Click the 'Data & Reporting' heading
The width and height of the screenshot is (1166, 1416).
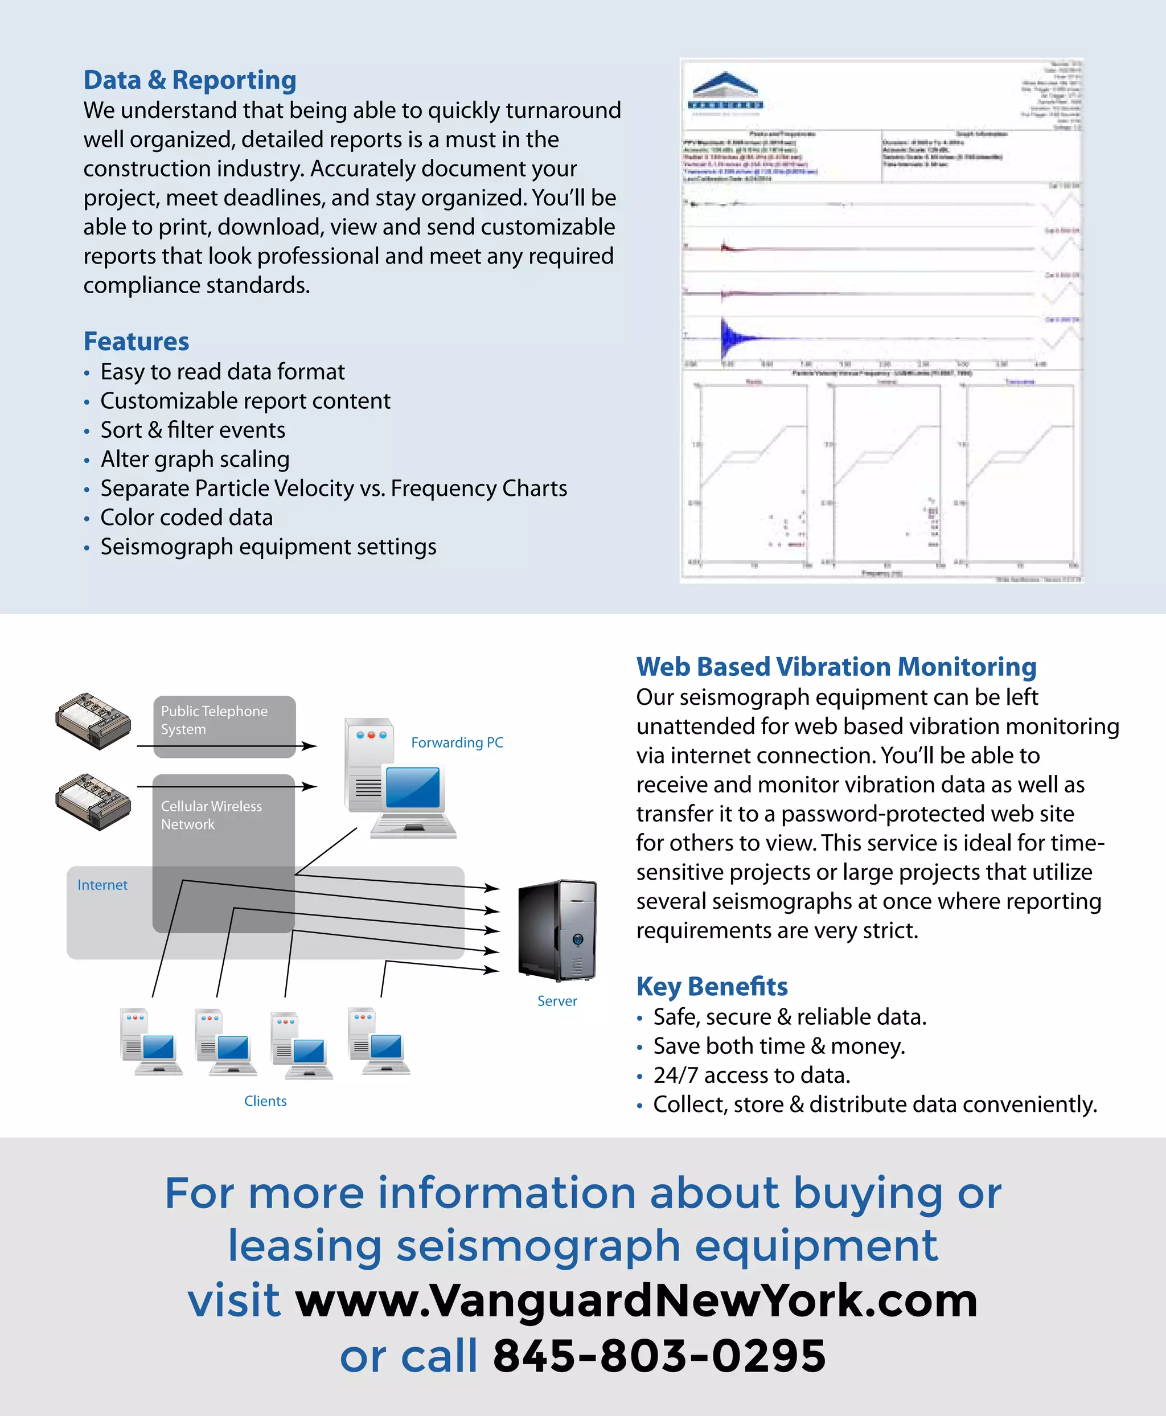[190, 80]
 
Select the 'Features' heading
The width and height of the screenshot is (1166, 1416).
[136, 341]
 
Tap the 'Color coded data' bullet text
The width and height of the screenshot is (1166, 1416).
[187, 517]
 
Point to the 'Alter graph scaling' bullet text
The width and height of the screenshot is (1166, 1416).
[195, 459]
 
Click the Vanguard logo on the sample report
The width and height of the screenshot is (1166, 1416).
[725, 91]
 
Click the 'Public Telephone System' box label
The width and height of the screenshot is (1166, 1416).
[214, 720]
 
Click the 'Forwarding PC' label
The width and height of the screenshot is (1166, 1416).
[457, 742]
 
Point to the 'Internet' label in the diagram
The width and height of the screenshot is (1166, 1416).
[102, 885]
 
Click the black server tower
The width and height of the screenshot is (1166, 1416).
[557, 930]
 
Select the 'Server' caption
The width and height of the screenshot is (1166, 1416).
[557, 1001]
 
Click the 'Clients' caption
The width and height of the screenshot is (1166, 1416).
[265, 1101]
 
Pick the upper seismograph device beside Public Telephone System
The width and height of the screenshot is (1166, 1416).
[93, 721]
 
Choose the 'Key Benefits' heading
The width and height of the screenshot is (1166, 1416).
[712, 986]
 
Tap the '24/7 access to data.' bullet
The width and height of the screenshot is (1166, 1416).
[752, 1075]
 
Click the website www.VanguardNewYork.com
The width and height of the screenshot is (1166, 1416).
[636, 1300]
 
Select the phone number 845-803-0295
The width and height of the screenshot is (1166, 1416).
[659, 1356]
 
